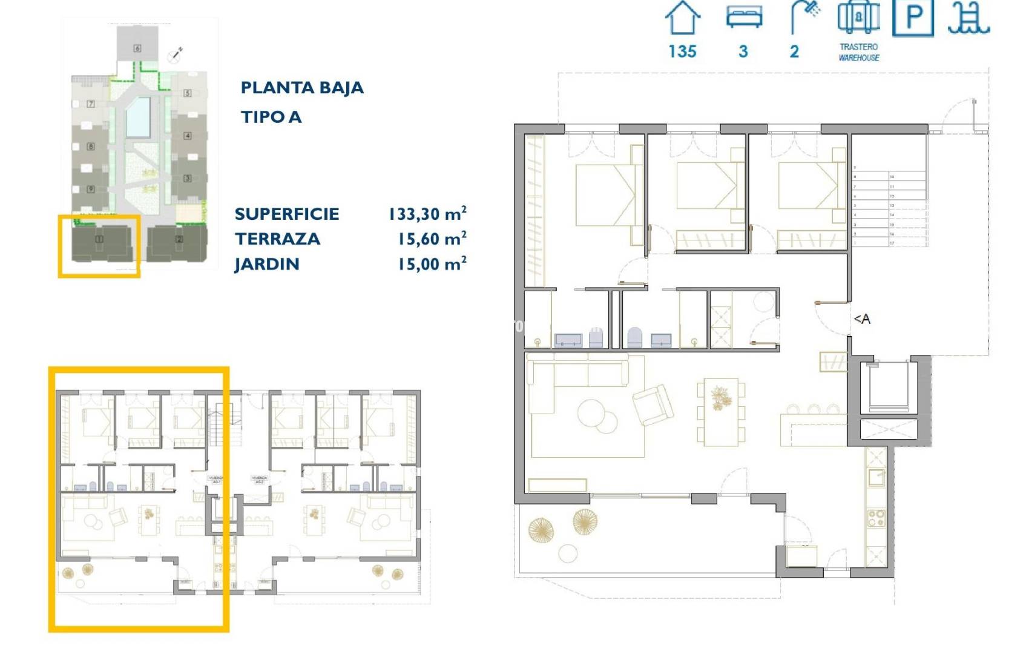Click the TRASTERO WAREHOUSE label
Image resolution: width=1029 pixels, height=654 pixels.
point(858,52)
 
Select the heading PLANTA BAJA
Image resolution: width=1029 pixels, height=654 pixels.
point(302,88)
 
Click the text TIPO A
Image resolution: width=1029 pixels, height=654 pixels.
point(271,117)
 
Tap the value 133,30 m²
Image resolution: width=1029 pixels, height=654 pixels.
point(427,214)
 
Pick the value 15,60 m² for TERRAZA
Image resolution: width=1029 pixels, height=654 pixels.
point(432,239)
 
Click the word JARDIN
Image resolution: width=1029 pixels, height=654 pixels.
point(267,265)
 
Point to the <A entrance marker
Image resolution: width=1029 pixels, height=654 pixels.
point(861,319)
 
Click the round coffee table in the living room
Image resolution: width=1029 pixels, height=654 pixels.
point(596,415)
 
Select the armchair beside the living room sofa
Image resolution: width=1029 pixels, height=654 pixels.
point(653,405)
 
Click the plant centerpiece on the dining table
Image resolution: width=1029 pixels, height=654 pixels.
point(720,398)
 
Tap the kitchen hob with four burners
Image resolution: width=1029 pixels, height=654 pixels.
point(876,518)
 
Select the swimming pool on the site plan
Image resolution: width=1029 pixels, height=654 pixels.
point(137,117)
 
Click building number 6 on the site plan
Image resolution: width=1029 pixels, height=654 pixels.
point(137,48)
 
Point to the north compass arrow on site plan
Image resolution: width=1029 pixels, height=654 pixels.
point(176,54)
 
